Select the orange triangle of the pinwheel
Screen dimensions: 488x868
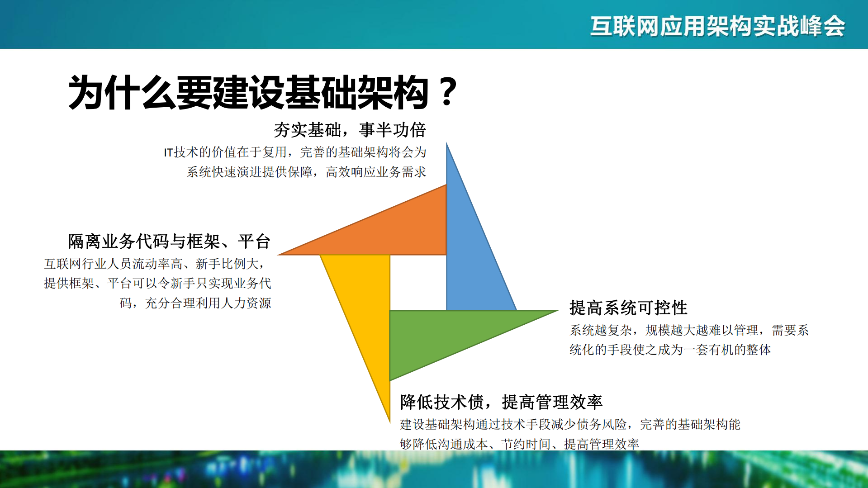click(x=398, y=231)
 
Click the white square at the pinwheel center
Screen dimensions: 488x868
click(x=418, y=283)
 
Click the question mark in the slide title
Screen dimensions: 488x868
click(x=448, y=92)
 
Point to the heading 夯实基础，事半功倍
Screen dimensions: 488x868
click(x=349, y=130)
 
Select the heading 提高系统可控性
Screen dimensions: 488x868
click(x=628, y=308)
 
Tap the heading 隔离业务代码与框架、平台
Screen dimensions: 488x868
click(x=169, y=242)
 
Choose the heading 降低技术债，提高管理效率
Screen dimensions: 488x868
click(x=501, y=402)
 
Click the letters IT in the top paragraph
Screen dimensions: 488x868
click(x=168, y=153)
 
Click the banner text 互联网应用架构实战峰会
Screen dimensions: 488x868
click(x=717, y=26)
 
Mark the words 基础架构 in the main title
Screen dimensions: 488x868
click(x=356, y=93)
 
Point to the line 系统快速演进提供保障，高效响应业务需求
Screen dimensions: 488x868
click(x=306, y=172)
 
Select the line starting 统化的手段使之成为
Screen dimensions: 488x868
click(x=670, y=350)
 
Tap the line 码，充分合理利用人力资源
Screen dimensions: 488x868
click(x=195, y=303)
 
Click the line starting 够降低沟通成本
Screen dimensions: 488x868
click(x=519, y=444)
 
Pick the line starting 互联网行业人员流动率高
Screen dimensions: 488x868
click(x=154, y=264)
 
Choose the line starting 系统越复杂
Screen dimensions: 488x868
click(x=689, y=331)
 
